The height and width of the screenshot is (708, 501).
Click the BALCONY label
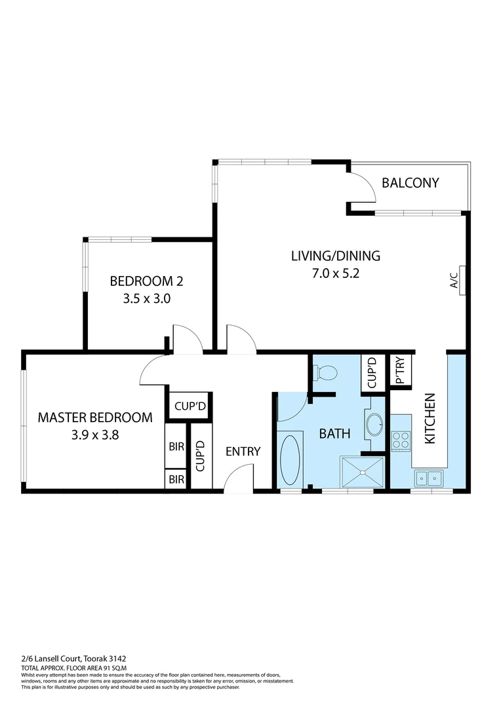coord(410,183)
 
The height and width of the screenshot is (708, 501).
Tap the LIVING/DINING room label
coord(335,256)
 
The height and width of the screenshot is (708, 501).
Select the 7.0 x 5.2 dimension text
coord(335,273)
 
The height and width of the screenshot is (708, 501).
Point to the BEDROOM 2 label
coord(146,282)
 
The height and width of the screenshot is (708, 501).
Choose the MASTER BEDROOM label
coord(95,417)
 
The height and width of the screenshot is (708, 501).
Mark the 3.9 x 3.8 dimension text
coord(95,434)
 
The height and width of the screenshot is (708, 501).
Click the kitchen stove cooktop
coord(401,441)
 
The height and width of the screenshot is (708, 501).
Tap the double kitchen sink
coord(429,479)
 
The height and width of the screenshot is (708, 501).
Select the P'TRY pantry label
coord(399,372)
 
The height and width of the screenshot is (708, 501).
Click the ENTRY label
coord(243,451)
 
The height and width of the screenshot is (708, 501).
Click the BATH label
coord(334,433)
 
